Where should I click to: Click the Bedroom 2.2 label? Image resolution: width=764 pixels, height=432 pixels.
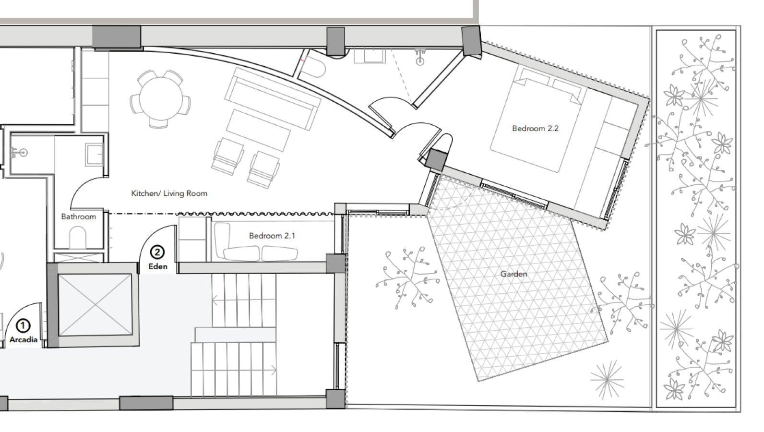[535, 129]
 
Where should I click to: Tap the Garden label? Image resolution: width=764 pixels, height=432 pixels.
[513, 274]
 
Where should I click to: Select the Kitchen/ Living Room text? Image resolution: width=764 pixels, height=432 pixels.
[169, 193]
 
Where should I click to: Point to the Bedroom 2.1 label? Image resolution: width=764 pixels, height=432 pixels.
[272, 236]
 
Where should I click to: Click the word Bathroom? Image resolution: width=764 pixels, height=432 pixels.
[78, 216]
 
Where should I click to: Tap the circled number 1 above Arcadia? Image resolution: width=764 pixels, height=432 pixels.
[23, 326]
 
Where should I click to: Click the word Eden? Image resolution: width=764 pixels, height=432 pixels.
[158, 266]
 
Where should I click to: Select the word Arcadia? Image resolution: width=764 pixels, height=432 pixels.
[23, 340]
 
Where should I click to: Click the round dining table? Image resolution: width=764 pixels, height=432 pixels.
[161, 99]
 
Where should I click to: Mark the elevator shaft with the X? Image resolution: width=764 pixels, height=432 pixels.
[95, 305]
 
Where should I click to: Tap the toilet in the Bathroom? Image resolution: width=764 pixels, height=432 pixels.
[78, 237]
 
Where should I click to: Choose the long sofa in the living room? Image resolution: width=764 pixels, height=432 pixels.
[272, 98]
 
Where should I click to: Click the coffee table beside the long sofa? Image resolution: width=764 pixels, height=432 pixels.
[258, 130]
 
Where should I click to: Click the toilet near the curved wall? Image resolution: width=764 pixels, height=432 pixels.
[314, 67]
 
